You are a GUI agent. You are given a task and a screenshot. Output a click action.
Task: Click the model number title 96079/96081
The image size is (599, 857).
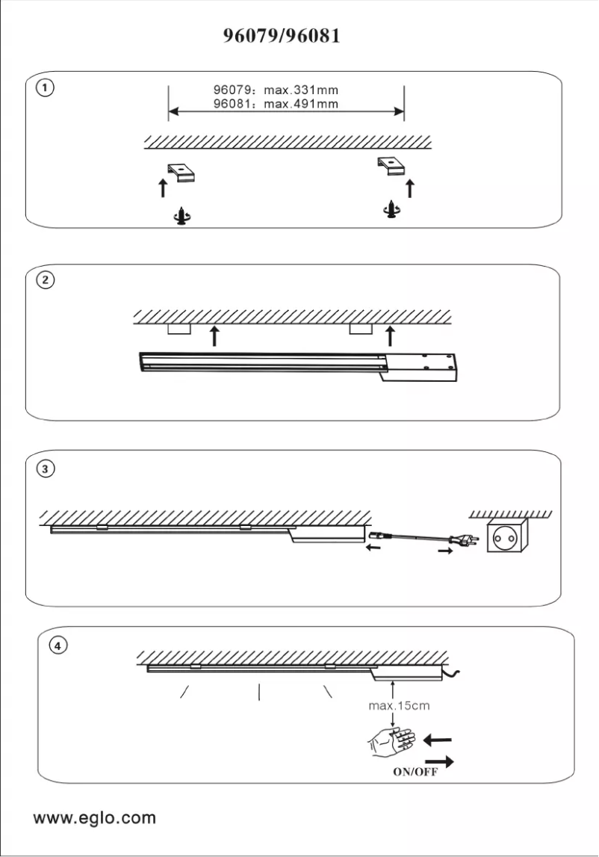click(282, 36)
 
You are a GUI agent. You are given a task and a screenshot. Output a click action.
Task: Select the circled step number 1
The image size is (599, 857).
click(46, 88)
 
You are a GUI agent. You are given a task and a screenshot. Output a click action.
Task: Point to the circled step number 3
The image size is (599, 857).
click(46, 469)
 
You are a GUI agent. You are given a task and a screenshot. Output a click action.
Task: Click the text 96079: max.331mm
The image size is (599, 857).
click(276, 91)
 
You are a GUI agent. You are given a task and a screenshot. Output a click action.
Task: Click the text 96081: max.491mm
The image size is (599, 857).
click(276, 104)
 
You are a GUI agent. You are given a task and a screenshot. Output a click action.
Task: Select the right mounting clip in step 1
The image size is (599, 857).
click(393, 167)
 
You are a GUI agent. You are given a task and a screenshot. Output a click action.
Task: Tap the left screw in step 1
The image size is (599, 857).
click(181, 217)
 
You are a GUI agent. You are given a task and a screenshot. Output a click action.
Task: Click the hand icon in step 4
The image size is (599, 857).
click(391, 742)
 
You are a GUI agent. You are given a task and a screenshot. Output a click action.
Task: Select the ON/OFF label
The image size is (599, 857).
click(415, 773)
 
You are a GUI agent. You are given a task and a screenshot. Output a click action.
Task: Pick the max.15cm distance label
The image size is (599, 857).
click(399, 705)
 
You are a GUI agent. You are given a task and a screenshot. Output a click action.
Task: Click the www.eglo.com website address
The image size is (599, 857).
click(95, 817)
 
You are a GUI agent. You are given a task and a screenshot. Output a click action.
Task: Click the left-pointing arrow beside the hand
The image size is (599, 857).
click(438, 740)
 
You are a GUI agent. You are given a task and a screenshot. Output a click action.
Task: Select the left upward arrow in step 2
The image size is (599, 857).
click(215, 335)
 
